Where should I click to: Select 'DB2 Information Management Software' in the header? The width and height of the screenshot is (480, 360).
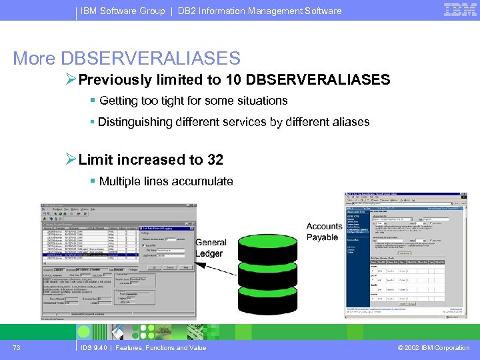pyautogui.click(x=260, y=11)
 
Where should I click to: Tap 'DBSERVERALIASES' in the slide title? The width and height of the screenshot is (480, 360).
pyautogui.click(x=151, y=58)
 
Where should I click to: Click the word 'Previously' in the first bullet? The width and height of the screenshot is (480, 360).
pyautogui.click(x=114, y=80)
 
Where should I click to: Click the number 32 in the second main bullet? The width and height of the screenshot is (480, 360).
pyautogui.click(x=215, y=160)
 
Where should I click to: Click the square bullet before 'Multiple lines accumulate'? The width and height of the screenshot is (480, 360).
pyautogui.click(x=93, y=181)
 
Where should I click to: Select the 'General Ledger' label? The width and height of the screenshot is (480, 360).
pyautogui.click(x=211, y=248)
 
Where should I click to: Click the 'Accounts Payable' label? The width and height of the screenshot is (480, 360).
pyautogui.click(x=324, y=231)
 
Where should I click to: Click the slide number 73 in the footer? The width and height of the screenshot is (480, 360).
pyautogui.click(x=16, y=347)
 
